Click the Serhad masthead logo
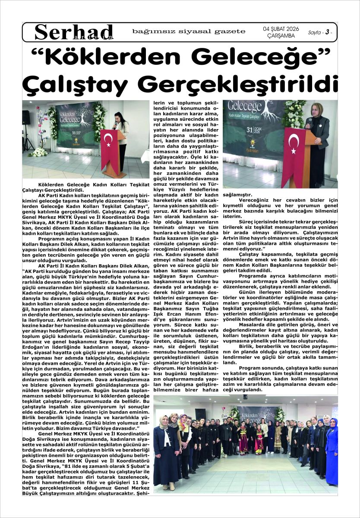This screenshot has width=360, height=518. coord(74,32)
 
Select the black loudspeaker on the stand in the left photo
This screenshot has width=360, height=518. coord(26,117)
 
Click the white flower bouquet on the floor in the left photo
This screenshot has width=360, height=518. coord(38,152)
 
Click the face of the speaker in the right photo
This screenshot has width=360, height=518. coord(314,112)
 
